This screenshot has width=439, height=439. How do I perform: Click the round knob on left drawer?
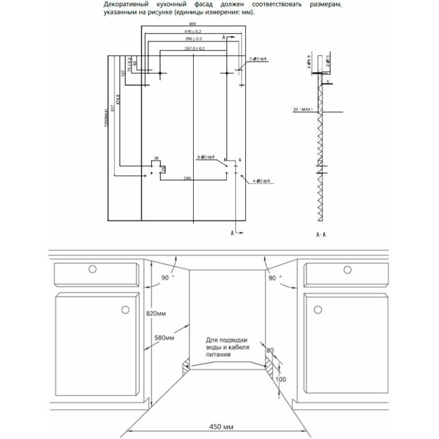(92, 269)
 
